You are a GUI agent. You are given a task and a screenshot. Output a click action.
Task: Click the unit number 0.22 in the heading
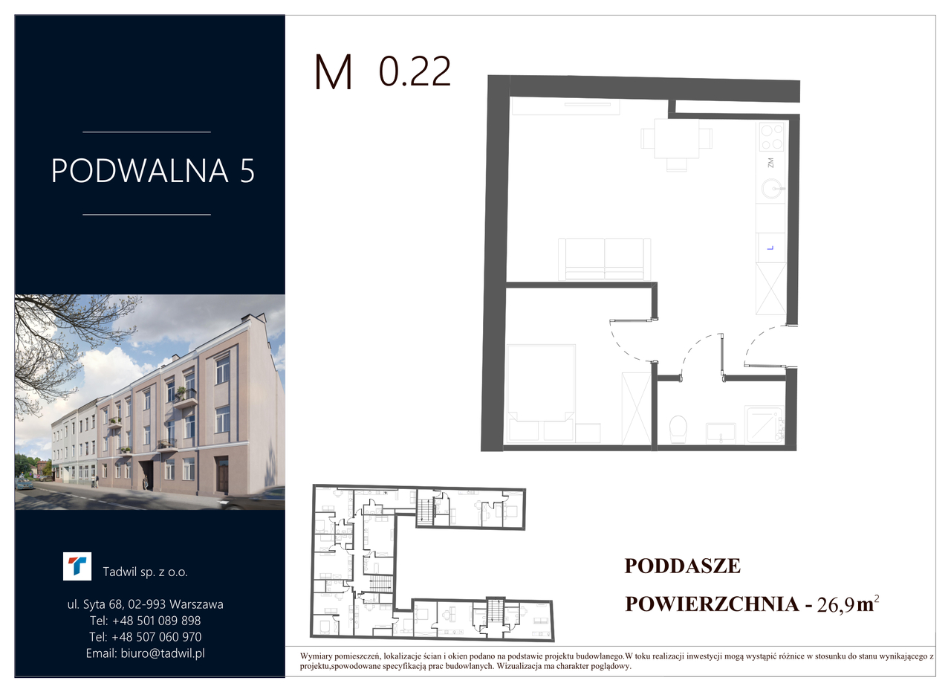(x=415, y=72)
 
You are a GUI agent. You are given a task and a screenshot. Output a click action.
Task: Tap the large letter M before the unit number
(x=334, y=72)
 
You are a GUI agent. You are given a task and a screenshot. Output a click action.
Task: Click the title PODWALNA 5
(x=153, y=171)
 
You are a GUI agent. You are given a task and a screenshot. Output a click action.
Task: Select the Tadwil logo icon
(x=77, y=566)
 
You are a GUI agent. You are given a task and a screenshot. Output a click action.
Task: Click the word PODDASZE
(x=683, y=566)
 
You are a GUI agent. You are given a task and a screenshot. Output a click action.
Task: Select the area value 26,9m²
(x=848, y=604)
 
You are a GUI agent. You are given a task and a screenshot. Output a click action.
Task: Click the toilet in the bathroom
(x=678, y=429)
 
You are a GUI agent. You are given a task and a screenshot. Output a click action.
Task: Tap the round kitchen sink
(x=771, y=189)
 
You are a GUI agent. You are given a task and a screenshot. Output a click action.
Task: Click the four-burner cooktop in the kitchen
(x=772, y=136)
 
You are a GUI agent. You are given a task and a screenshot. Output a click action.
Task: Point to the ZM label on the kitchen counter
(x=770, y=163)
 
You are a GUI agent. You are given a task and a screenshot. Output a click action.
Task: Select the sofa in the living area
(x=605, y=259)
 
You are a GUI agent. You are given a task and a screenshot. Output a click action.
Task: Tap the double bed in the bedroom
(x=542, y=393)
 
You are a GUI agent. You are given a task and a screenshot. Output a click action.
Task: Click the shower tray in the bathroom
(x=765, y=425)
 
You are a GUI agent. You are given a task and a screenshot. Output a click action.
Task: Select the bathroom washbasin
(x=721, y=433)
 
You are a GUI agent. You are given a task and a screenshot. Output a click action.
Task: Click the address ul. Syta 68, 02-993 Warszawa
(x=145, y=604)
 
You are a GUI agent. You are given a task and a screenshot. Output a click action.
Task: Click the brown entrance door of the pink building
(x=222, y=475)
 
